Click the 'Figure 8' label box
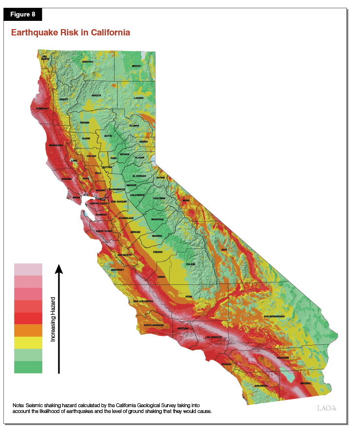pyautogui.click(x=23, y=14)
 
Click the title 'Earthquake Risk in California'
pyautogui.click(x=70, y=33)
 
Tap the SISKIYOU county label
pyautogui.click(x=88, y=62)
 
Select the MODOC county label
pyautogui.click(x=136, y=66)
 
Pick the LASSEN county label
pyautogui.click(x=138, y=98)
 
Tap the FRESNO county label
pyautogui.click(x=158, y=252)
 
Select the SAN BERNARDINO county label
pyautogui.click(x=274, y=316)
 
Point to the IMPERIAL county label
pyautogui.click(x=306, y=383)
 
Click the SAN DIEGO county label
pyautogui.click(x=261, y=386)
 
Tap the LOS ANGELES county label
pyautogui.click(x=214, y=337)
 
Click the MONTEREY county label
pyautogui.click(x=118, y=270)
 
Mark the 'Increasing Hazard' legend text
pyautogui.click(x=52, y=319)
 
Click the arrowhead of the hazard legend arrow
pyautogui.click(x=59, y=269)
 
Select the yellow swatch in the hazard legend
pyautogui.click(x=28, y=343)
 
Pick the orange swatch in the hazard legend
pyautogui.click(x=28, y=330)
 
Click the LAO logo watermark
pyautogui.click(x=326, y=408)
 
